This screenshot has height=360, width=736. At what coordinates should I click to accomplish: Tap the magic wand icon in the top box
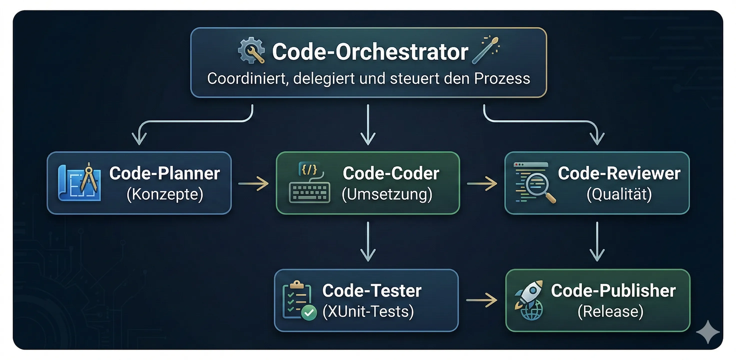point(485,50)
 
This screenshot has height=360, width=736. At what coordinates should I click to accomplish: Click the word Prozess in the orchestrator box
point(502,78)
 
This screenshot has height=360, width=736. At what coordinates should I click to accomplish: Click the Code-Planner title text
point(164,173)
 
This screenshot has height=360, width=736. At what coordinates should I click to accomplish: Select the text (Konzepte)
point(165,194)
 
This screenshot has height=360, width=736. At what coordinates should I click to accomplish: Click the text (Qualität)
point(619,194)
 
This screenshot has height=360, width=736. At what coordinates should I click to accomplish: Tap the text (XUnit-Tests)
point(368,311)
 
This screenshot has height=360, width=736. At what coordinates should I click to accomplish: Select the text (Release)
point(610,311)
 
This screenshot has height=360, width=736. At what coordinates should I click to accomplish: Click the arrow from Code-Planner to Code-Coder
point(253,183)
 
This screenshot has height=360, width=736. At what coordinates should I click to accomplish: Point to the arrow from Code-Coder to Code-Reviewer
point(482,183)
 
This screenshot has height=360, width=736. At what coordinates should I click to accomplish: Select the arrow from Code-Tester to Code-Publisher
point(481,300)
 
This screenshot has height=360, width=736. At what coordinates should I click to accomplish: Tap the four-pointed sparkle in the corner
point(708,332)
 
